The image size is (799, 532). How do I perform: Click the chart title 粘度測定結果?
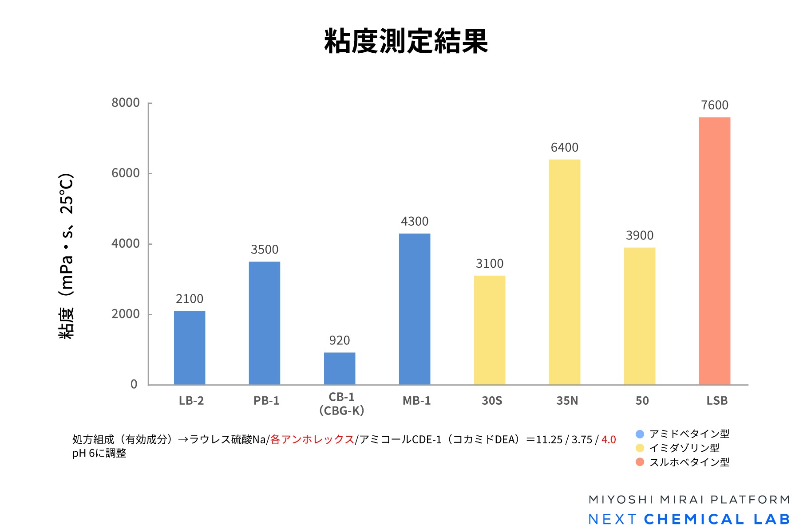click(406, 41)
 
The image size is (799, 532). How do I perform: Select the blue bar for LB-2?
click(190, 348)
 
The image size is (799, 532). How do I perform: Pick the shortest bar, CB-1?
click(340, 368)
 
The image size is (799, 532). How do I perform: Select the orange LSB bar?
click(715, 251)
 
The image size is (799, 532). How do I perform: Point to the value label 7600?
click(715, 105)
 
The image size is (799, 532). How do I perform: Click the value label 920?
click(340, 340)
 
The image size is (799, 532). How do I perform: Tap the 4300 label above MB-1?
click(415, 221)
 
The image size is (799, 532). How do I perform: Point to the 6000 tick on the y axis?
click(126, 173)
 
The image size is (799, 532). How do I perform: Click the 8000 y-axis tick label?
click(126, 103)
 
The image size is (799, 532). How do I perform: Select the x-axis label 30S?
click(492, 401)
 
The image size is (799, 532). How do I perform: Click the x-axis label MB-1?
click(416, 401)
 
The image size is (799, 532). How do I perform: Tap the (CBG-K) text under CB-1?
click(341, 411)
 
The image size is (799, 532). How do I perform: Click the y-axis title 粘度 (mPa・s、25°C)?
click(67, 256)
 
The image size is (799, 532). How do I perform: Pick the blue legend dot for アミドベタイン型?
click(640, 434)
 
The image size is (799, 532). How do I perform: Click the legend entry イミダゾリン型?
click(684, 448)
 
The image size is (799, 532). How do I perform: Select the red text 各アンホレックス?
click(312, 439)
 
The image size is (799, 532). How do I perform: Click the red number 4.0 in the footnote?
click(609, 439)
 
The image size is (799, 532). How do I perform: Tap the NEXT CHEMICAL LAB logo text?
click(689, 519)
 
